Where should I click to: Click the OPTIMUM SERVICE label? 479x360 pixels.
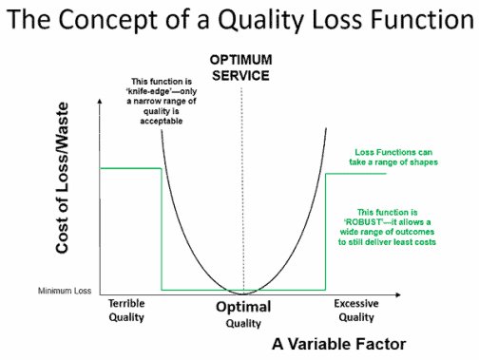[241, 67]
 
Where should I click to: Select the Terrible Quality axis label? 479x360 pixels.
[129, 310]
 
